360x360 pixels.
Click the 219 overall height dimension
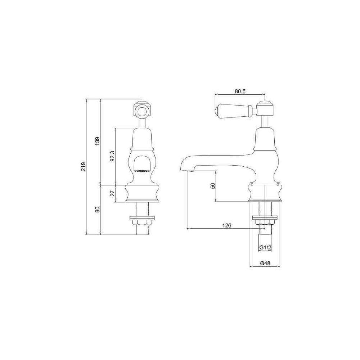point(84,166)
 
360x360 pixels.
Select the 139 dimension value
point(98,141)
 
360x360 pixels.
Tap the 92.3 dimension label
point(112,156)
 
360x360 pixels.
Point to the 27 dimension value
point(112,193)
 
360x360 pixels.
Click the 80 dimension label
point(98,210)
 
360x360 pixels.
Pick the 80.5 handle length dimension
point(240,91)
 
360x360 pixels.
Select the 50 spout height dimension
point(213,186)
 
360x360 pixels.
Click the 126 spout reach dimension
point(226,225)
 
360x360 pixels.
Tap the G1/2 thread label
point(265,248)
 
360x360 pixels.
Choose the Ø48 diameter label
point(265,264)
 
